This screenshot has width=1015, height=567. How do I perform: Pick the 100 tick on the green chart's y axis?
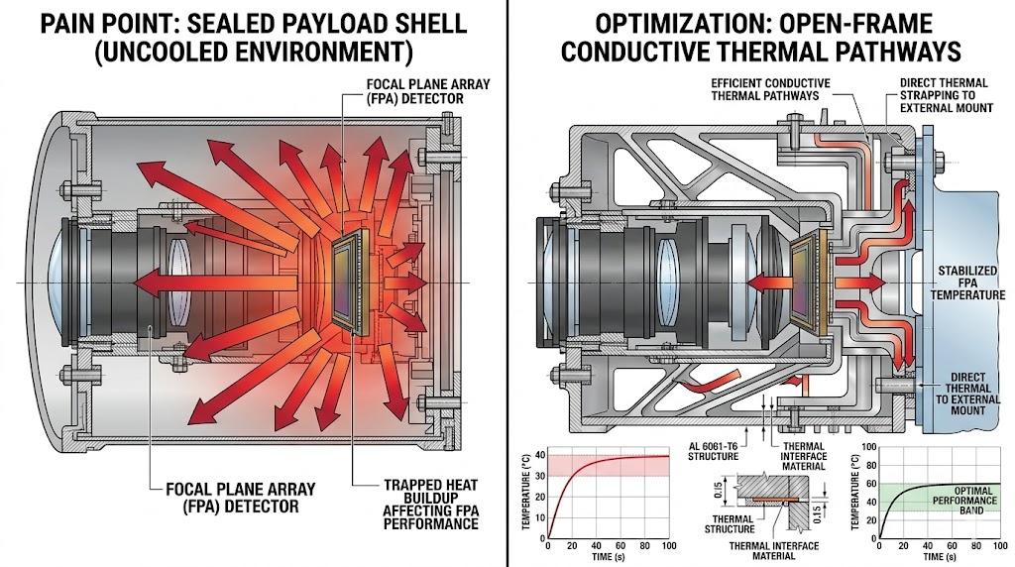click(869, 448)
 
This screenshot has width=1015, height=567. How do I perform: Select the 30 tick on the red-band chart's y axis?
click(540, 475)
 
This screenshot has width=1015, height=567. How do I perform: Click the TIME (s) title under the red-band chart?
click(609, 558)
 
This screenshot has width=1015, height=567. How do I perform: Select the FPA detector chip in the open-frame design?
click(807, 282)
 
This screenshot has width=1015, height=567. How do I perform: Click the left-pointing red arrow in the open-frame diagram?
click(767, 282)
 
